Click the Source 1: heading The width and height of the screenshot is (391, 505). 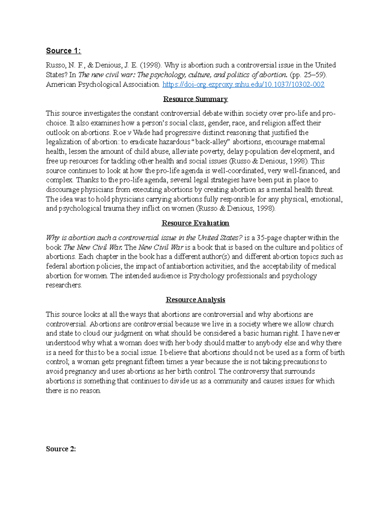63,51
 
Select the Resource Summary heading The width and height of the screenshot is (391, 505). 195,99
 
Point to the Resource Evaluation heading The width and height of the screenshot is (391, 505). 195,223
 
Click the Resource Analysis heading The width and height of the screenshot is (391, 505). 195,300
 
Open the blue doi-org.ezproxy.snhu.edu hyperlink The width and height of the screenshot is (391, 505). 243,85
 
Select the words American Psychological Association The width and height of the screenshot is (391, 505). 103,85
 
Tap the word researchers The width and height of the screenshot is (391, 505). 64,286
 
